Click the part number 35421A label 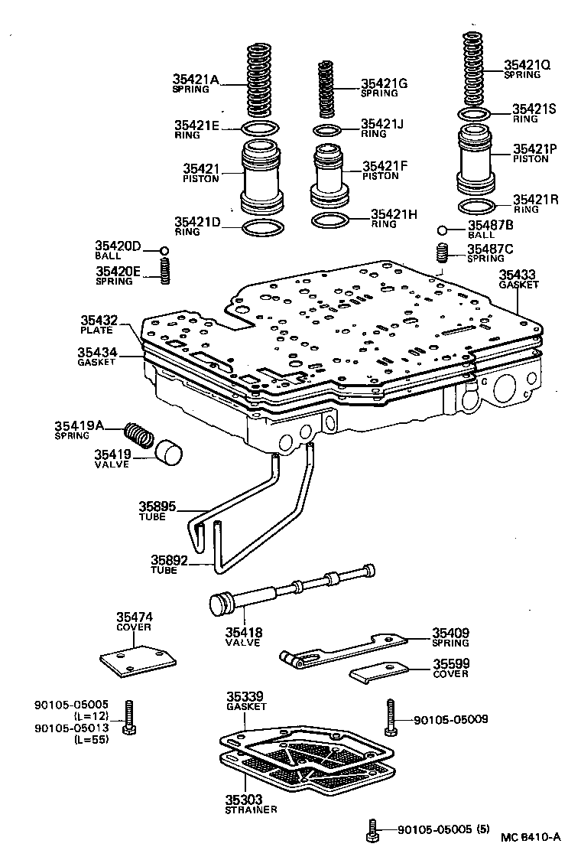click(x=196, y=79)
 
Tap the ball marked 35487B click(x=443, y=230)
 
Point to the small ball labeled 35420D click(x=164, y=250)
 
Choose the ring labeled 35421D click(x=262, y=228)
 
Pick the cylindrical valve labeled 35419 click(x=170, y=452)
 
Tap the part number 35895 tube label click(x=157, y=506)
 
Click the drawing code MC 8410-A click(x=531, y=836)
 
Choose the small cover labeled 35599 click(x=380, y=673)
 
